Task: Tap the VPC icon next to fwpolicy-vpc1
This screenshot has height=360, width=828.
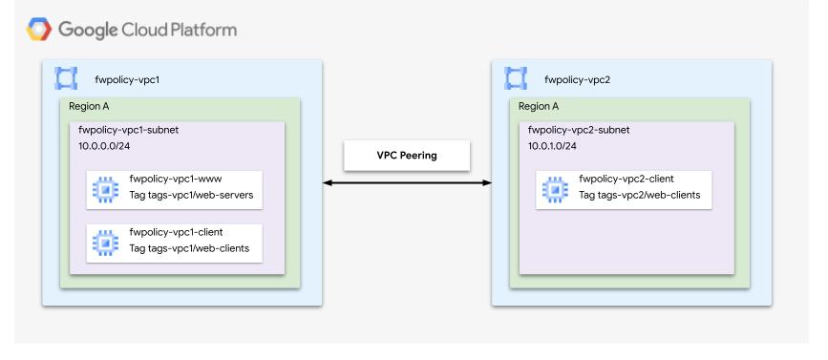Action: pos(65,76)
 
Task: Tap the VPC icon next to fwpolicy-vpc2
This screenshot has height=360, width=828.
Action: pos(516,76)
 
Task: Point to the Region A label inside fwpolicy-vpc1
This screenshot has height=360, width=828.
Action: pos(89,106)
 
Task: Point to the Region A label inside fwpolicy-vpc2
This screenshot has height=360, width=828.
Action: pos(540,106)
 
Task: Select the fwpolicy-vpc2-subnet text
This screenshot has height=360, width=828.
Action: pos(577,129)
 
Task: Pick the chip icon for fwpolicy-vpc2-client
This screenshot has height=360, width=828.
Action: pos(553,188)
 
